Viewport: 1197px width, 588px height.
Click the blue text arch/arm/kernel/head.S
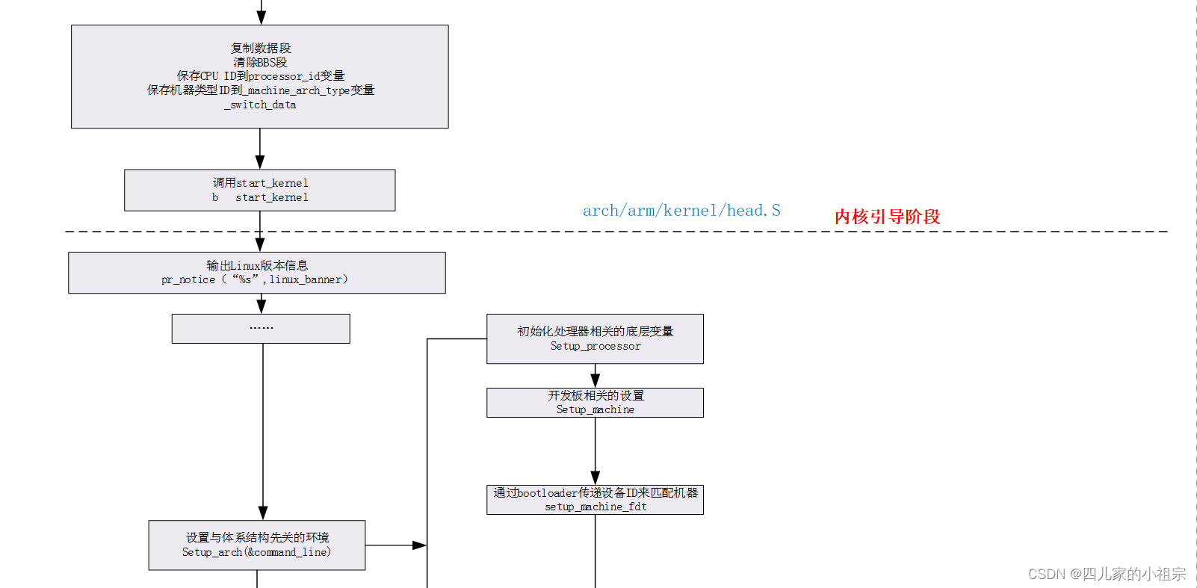coord(681,211)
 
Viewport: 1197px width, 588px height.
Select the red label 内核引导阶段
coord(887,217)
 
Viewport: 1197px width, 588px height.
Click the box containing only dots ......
coord(261,329)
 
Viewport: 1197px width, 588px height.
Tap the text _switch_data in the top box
coord(260,105)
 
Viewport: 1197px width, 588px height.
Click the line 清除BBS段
coord(260,62)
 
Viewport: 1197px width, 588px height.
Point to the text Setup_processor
coord(595,346)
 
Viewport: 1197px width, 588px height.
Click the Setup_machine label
coord(595,409)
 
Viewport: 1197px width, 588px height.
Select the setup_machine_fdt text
coord(595,507)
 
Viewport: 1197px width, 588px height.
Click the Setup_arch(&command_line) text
coord(256,552)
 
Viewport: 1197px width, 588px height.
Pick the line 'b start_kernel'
coord(260,197)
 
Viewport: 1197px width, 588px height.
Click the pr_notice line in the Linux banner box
coord(254,279)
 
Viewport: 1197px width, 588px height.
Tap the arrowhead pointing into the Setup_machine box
coord(595,381)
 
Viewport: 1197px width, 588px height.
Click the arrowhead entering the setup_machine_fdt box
coord(595,478)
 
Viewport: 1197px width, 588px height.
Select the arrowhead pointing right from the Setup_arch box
coord(420,545)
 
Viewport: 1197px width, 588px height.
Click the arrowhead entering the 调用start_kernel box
coord(260,162)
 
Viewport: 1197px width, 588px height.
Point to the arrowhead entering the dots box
coord(261,306)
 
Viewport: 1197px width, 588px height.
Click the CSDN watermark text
coord(1106,574)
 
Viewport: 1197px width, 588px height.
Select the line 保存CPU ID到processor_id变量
coord(260,76)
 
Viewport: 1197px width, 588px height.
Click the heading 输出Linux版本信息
coord(256,265)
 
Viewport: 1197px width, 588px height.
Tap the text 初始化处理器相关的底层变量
coord(595,331)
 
